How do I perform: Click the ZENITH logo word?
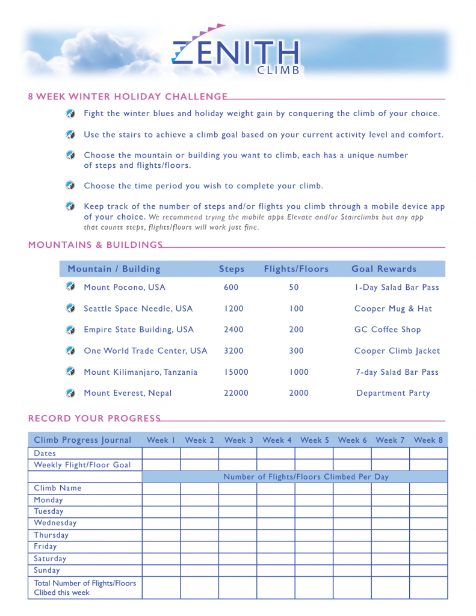236,52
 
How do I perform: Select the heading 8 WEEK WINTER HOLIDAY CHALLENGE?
128,97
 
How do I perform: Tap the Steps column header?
232,269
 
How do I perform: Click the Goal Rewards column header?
384,269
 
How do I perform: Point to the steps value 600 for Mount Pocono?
231,288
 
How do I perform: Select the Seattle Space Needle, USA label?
138,309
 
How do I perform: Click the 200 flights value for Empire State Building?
296,330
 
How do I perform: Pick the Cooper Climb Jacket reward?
397,351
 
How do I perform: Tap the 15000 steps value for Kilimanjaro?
236,372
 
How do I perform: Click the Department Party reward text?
393,393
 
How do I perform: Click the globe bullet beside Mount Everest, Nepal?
70,393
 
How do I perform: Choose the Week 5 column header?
315,440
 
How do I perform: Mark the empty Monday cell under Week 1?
161,500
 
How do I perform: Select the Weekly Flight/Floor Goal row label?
82,465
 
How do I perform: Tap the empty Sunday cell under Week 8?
428,570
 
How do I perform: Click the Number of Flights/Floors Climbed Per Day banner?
306,476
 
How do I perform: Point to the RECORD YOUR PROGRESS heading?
94,418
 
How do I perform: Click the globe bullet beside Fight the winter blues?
70,113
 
